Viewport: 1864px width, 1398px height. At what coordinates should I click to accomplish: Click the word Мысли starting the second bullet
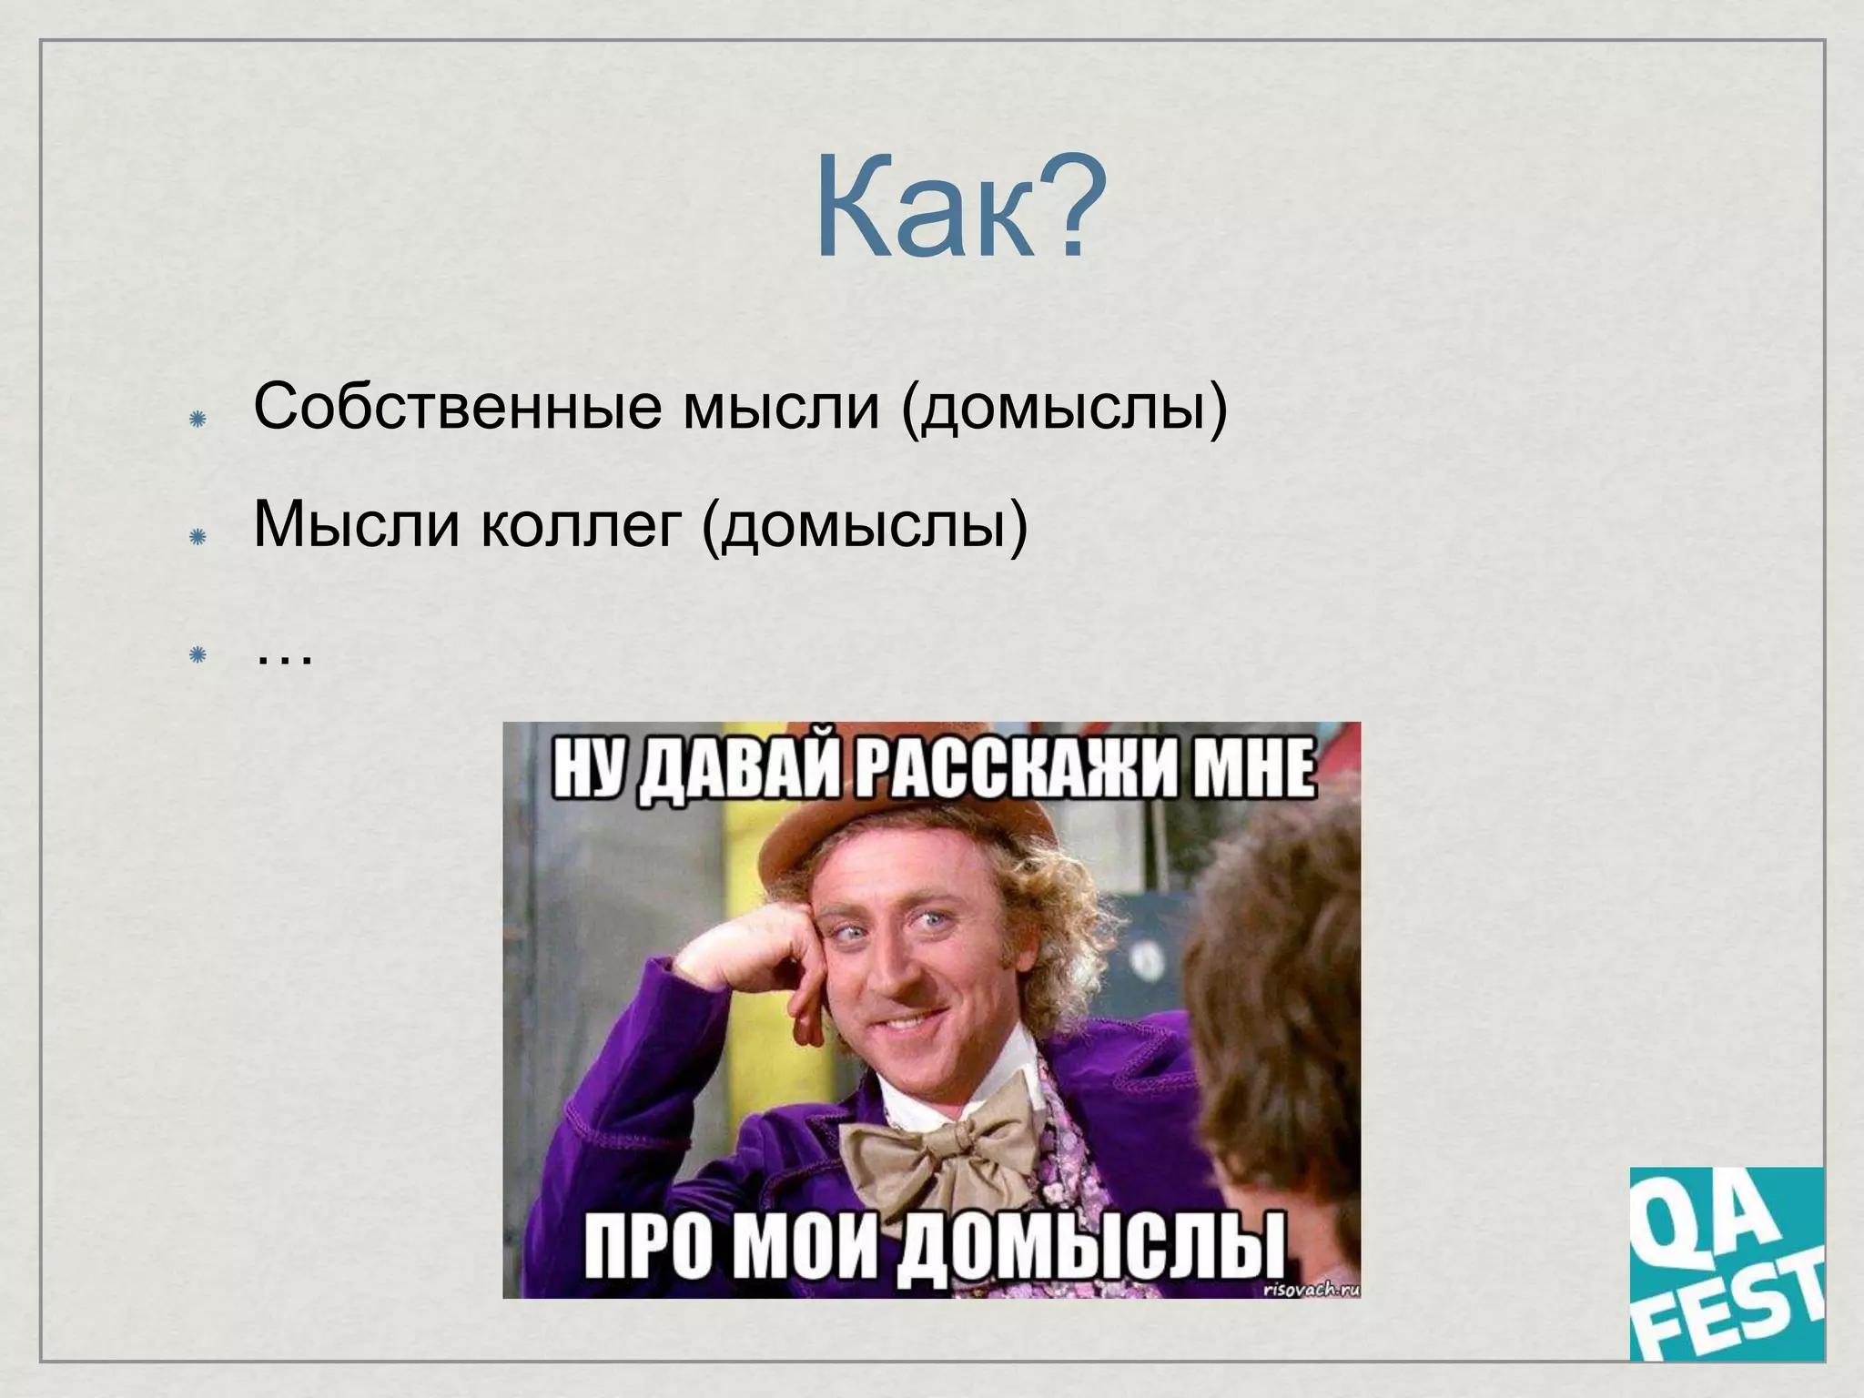coord(356,526)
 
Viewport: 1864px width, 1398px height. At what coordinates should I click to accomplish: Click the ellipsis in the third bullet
coord(284,656)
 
